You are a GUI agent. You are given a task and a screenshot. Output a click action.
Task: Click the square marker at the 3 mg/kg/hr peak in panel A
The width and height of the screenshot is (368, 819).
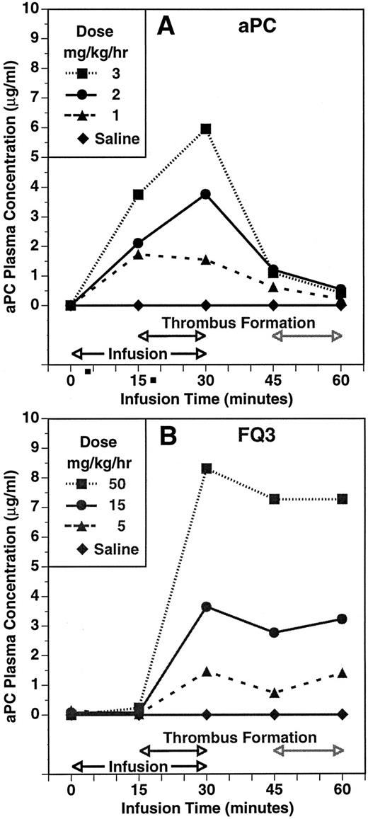pos(206,129)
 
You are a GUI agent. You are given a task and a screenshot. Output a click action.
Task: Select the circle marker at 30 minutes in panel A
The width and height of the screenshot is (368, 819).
pos(206,194)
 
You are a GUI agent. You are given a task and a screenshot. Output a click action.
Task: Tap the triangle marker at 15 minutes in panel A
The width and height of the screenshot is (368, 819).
pos(139,253)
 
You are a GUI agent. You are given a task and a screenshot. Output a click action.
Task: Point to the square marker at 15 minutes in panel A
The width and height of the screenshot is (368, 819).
pos(139,195)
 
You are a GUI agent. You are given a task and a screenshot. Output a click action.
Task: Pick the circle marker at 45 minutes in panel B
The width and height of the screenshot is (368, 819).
pos(274,632)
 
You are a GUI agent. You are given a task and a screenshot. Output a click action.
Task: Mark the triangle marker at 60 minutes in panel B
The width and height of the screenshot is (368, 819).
pos(342,672)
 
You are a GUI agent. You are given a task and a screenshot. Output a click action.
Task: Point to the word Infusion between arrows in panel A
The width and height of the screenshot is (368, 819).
pos(138,353)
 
